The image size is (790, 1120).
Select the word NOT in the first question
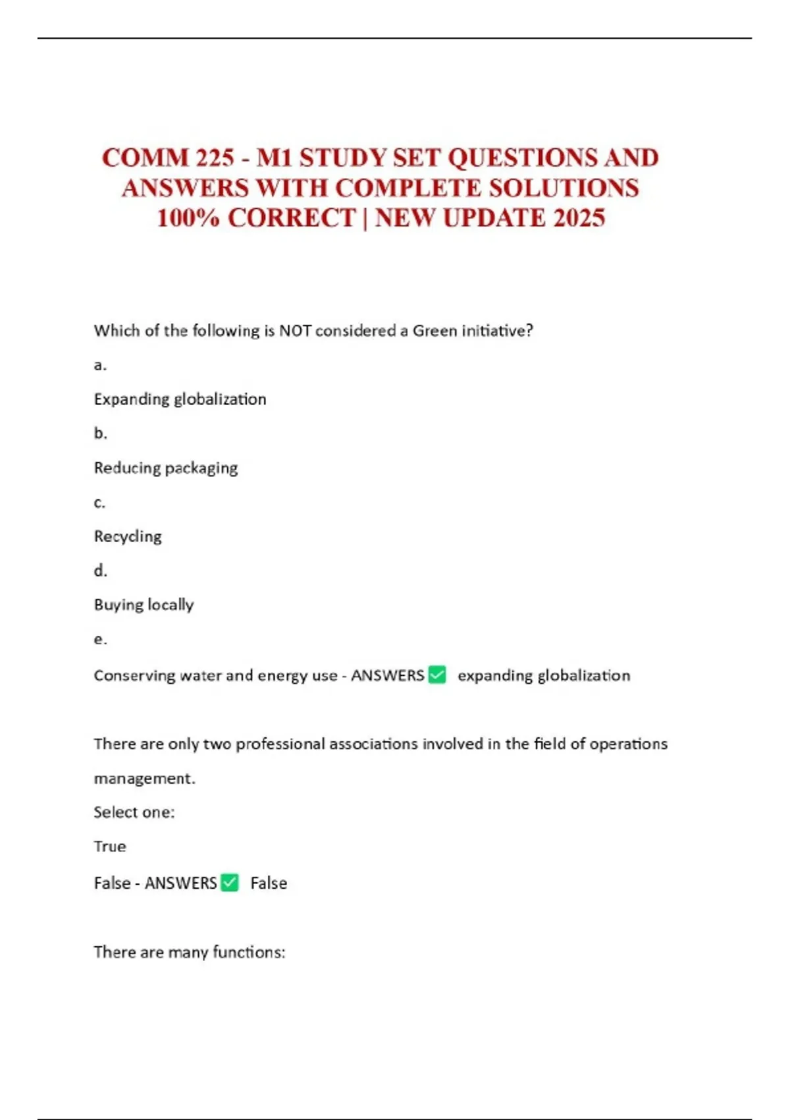(x=295, y=331)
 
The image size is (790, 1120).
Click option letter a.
(x=100, y=365)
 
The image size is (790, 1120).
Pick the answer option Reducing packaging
(x=166, y=468)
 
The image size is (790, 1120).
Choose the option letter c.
(x=99, y=503)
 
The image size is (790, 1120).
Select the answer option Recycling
(x=128, y=536)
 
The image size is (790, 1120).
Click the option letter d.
(x=100, y=571)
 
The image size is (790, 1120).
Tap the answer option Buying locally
(x=144, y=605)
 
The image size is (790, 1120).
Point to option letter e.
(x=100, y=639)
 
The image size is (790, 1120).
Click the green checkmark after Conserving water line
(x=437, y=675)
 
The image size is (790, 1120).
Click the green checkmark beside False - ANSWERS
(x=230, y=882)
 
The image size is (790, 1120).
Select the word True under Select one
(x=110, y=847)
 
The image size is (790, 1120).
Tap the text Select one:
(x=134, y=812)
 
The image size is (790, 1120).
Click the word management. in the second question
(x=145, y=779)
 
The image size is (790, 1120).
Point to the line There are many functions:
(x=190, y=952)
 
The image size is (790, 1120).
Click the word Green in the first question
(x=434, y=331)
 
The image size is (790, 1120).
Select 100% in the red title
(x=188, y=218)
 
